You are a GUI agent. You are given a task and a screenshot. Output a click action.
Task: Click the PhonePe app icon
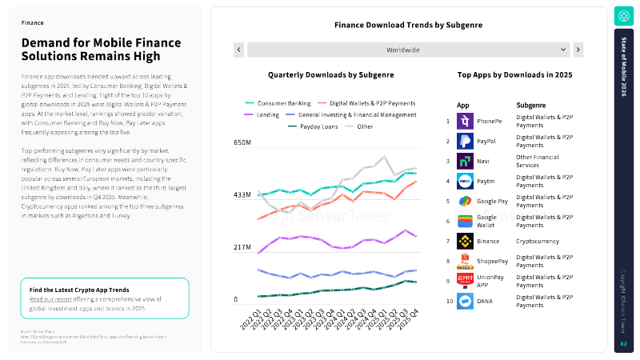[465, 122]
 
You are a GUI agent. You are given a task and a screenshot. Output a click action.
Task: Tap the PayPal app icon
[465, 142]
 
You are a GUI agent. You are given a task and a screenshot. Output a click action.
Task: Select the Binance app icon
[465, 241]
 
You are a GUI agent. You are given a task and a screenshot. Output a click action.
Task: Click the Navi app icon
[465, 161]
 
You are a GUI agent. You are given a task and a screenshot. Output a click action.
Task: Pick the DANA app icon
[465, 302]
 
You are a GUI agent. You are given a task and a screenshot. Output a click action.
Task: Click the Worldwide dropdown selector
[408, 50]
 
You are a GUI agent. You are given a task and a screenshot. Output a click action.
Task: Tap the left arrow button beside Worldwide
[238, 50]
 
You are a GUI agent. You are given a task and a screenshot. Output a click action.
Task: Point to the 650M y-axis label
[242, 142]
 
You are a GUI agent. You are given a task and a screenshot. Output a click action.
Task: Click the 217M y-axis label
[242, 247]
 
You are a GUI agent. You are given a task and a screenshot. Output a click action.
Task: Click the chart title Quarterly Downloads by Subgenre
[330, 74]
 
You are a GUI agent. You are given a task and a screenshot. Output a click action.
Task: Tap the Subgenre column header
[531, 105]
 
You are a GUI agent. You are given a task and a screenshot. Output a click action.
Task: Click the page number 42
[623, 344]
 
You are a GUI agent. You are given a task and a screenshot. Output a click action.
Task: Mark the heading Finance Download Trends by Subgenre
[408, 25]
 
